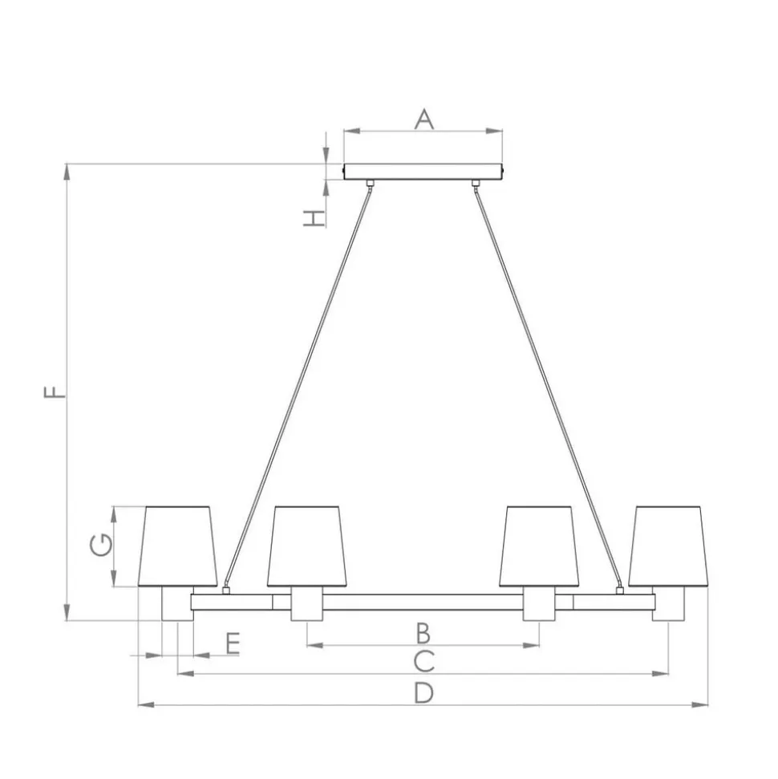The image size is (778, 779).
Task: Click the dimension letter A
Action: pos(423,120)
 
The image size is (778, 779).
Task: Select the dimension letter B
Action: pos(423,634)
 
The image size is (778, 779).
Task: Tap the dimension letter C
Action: pos(423,661)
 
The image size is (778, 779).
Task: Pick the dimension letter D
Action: pos(423,692)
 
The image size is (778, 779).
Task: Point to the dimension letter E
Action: pos(233,643)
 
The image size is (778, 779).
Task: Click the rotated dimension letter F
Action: pos(55,392)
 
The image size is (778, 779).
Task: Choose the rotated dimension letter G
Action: pos(101,545)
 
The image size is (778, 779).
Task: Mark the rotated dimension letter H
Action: pos(314,218)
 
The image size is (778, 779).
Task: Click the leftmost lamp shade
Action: pos(178,546)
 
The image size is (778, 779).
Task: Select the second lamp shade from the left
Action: pos(307,546)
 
